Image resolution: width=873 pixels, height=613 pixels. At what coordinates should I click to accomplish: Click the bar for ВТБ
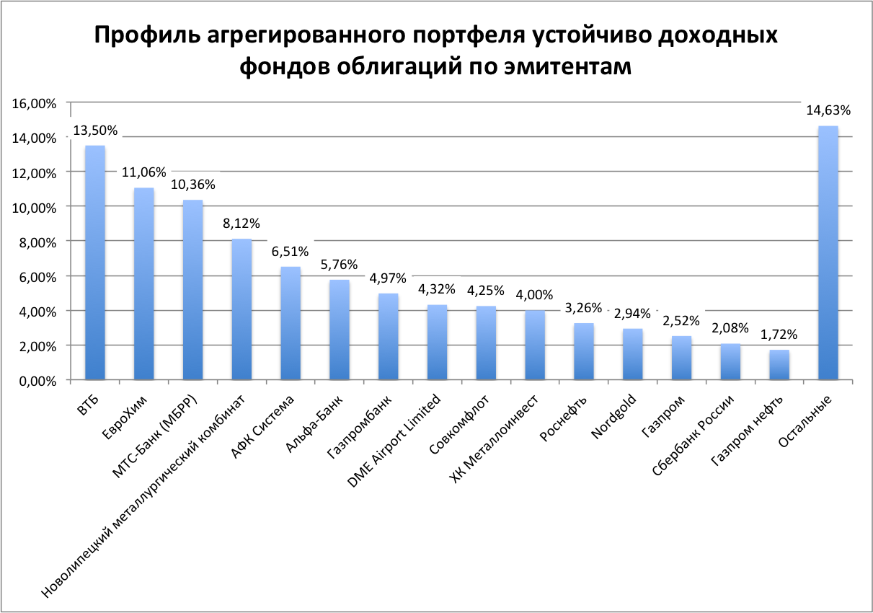coord(95,263)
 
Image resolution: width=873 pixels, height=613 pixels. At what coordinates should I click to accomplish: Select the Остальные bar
coord(828,252)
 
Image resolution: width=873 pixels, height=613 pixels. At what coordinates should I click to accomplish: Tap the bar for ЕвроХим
coord(144,283)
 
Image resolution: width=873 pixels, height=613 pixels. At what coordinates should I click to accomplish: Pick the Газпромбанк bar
coord(389,336)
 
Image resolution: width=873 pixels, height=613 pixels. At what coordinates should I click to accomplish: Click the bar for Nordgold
coord(633,354)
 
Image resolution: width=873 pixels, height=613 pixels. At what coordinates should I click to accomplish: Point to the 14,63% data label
coord(828,110)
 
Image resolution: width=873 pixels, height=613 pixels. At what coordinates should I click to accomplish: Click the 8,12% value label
coord(241,224)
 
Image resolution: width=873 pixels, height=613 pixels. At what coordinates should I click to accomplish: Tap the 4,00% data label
coord(534,294)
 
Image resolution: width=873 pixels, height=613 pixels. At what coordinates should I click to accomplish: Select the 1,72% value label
coord(779,335)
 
